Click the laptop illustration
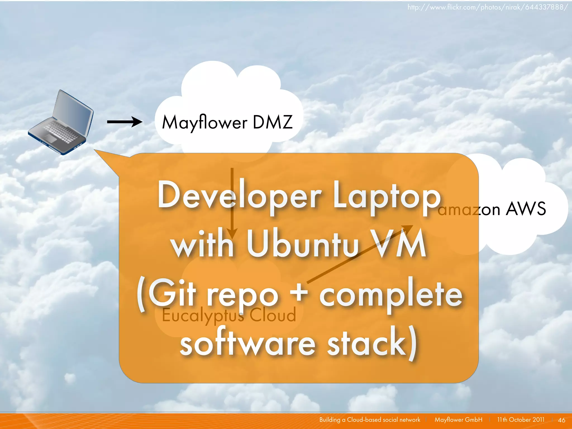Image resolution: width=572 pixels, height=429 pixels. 61,123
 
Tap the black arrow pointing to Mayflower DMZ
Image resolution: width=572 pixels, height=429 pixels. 125,122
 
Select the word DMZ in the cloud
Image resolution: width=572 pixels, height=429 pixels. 273,122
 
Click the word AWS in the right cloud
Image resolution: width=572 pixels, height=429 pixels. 526,209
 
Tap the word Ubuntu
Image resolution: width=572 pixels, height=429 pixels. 302,244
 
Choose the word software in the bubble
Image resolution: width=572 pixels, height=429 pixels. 247,343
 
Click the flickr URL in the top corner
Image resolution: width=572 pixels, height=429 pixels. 487,7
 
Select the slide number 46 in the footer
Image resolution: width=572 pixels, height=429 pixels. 561,420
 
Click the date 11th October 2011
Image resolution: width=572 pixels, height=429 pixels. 521,420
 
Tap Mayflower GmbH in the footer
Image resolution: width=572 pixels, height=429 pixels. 458,420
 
